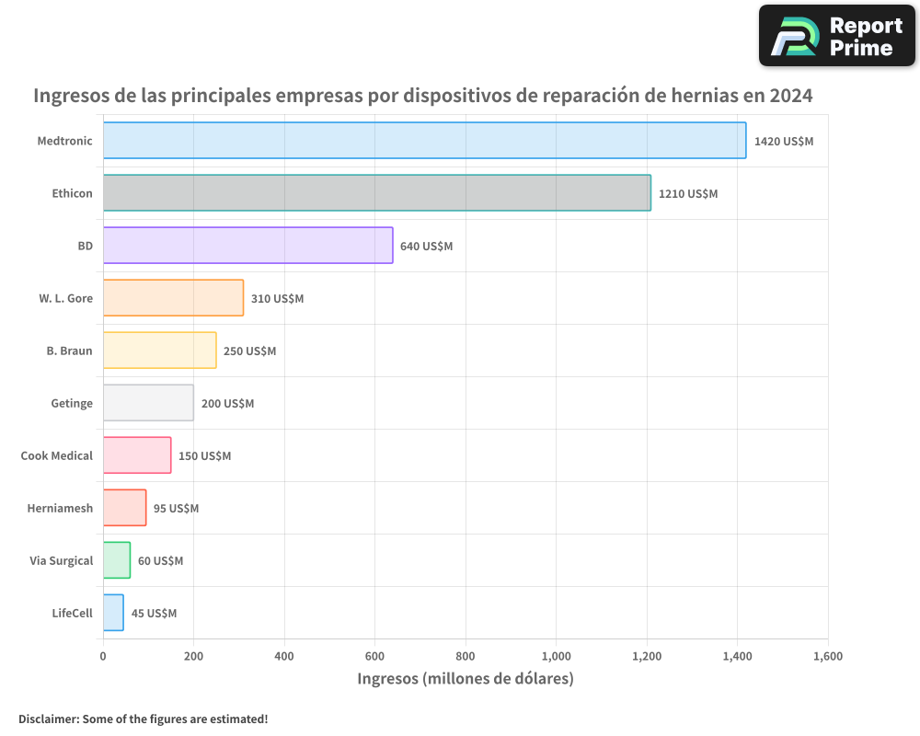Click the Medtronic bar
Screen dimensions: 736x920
pyautogui.click(x=424, y=141)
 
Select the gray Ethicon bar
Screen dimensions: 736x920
pyautogui.click(x=377, y=193)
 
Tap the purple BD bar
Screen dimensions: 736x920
pyautogui.click(x=247, y=246)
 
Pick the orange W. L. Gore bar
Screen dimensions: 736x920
pyautogui.click(x=173, y=298)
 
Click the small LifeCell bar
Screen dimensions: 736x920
pyautogui.click(x=113, y=613)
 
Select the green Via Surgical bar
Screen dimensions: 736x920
pyautogui.click(x=117, y=560)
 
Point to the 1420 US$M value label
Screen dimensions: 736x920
pyautogui.click(x=784, y=142)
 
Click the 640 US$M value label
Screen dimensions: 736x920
pyautogui.click(x=426, y=247)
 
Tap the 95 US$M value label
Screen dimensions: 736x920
pyautogui.click(x=176, y=509)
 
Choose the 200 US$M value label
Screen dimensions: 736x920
pyautogui.click(x=227, y=404)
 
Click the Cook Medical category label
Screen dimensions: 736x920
pyautogui.click(x=57, y=455)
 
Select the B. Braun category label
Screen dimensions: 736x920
pyautogui.click(x=69, y=351)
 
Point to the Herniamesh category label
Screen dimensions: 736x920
pyautogui.click(x=60, y=508)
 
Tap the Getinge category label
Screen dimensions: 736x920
pyautogui.click(x=72, y=403)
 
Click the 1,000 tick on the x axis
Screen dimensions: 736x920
pyautogui.click(x=557, y=656)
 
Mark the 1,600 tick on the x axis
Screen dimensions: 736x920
pyautogui.click(x=828, y=656)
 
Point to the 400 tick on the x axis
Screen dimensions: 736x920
pyautogui.click(x=284, y=656)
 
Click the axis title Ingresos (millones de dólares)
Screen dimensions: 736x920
pyautogui.click(x=465, y=679)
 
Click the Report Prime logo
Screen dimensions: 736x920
pyautogui.click(x=836, y=36)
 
